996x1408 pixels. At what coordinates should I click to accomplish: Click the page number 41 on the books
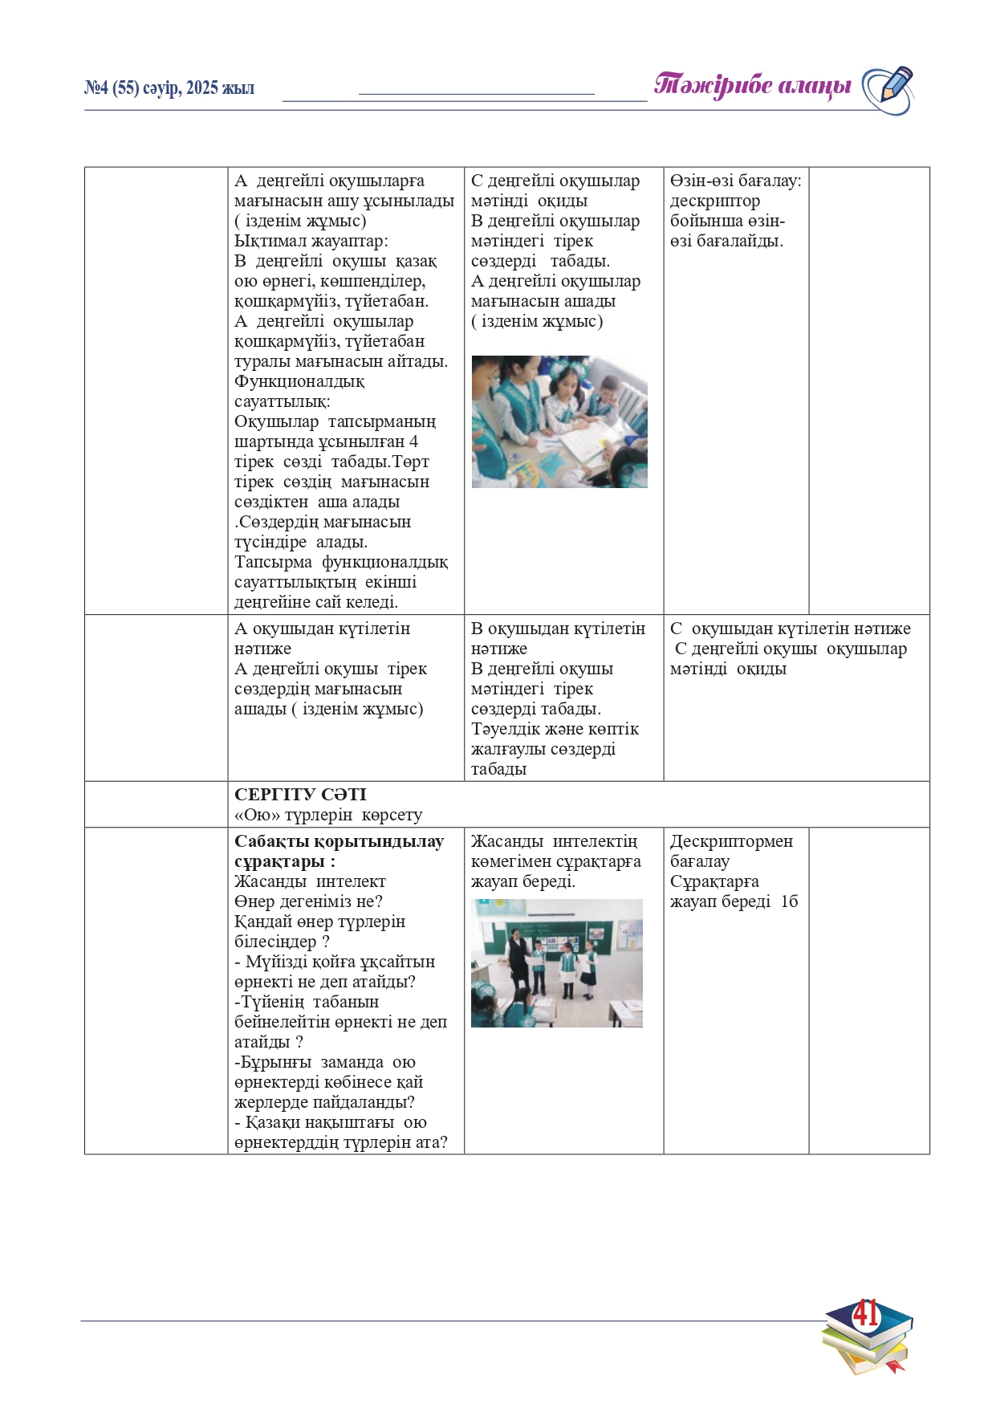click(865, 1315)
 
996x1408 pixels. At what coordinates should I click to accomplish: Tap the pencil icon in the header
click(888, 88)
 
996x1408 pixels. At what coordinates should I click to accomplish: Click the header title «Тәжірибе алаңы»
click(752, 85)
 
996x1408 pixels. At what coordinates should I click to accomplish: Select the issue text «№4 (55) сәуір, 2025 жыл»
click(169, 88)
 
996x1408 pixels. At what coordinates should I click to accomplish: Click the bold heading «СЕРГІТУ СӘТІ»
click(300, 794)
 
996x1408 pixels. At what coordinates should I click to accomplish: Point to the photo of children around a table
click(559, 421)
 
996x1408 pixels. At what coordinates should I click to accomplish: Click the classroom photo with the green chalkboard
click(556, 962)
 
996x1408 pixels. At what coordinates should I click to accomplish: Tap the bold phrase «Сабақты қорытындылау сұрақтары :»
click(339, 851)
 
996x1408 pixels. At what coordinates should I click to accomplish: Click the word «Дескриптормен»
click(731, 841)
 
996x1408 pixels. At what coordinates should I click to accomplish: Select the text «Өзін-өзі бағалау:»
click(735, 181)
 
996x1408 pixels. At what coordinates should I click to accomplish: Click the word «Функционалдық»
click(299, 381)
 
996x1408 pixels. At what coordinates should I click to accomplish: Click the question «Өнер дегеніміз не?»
click(308, 901)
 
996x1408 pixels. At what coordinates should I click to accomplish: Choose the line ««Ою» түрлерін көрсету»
click(328, 815)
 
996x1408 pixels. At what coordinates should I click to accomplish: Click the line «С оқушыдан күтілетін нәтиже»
click(791, 629)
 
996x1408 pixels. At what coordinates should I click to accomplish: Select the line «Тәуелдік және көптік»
click(555, 729)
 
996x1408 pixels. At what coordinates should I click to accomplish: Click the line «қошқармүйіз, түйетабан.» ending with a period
click(331, 301)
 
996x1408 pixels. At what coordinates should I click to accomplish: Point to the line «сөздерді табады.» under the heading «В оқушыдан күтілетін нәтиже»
click(535, 709)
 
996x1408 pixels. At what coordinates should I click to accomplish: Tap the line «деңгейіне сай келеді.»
click(316, 602)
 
